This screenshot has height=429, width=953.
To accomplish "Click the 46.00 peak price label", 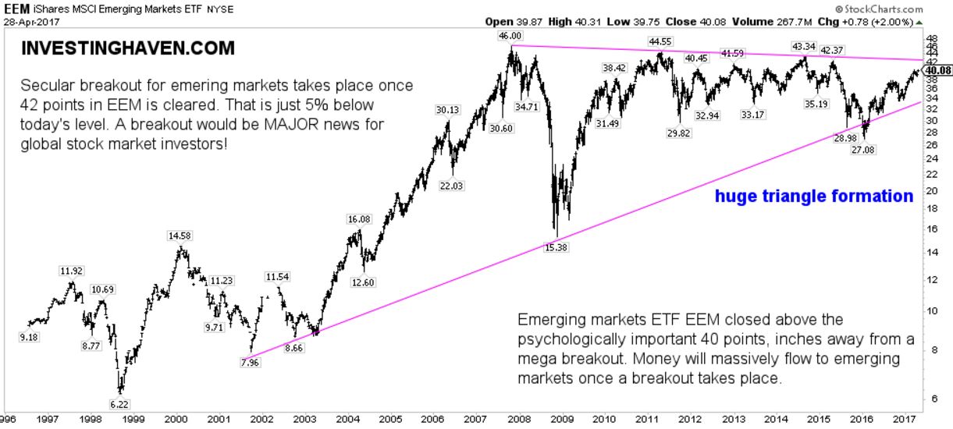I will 510,36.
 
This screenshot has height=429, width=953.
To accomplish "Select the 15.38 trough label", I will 557,247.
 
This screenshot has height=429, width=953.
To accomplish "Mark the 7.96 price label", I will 251,362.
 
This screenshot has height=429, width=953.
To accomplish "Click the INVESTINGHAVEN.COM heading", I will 127,48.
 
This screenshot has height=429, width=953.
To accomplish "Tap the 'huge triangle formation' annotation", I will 813,196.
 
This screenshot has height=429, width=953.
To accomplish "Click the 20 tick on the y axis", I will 930,190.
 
